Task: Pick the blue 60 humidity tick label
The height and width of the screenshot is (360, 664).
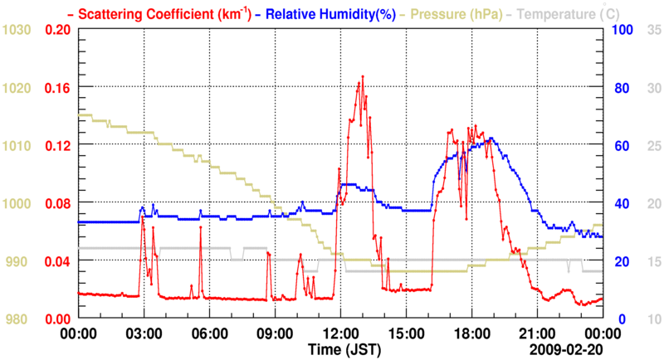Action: (x=619, y=145)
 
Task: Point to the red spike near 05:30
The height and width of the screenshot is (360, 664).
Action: (x=201, y=228)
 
